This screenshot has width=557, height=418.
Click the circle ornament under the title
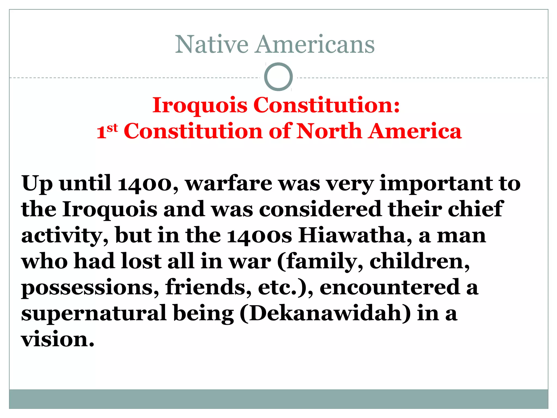click(278, 77)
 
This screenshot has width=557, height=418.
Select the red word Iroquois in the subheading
click(200, 106)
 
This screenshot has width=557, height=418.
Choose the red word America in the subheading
click(415, 131)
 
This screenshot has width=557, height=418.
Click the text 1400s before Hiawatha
click(259, 235)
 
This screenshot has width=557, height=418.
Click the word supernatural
click(94, 313)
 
